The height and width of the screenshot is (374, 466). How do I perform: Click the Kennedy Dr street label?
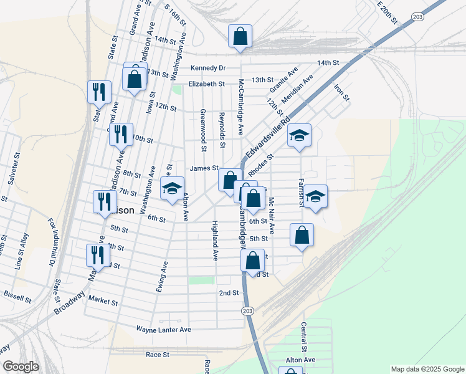coord(208,67)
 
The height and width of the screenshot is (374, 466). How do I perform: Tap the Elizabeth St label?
coord(207,84)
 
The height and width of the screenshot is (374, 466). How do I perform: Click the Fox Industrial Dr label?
coord(51,242)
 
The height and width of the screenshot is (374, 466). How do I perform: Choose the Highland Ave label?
coord(215,241)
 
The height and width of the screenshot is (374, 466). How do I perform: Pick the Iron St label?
coord(342,93)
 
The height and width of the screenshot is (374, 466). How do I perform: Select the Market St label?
coord(103,301)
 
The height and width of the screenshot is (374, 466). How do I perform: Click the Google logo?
coord(20,367)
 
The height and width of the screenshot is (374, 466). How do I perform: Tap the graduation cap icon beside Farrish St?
coord(316,196)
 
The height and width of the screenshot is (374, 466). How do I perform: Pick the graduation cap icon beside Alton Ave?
coord(173,189)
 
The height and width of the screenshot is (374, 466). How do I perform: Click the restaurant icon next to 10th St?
coord(121,133)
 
